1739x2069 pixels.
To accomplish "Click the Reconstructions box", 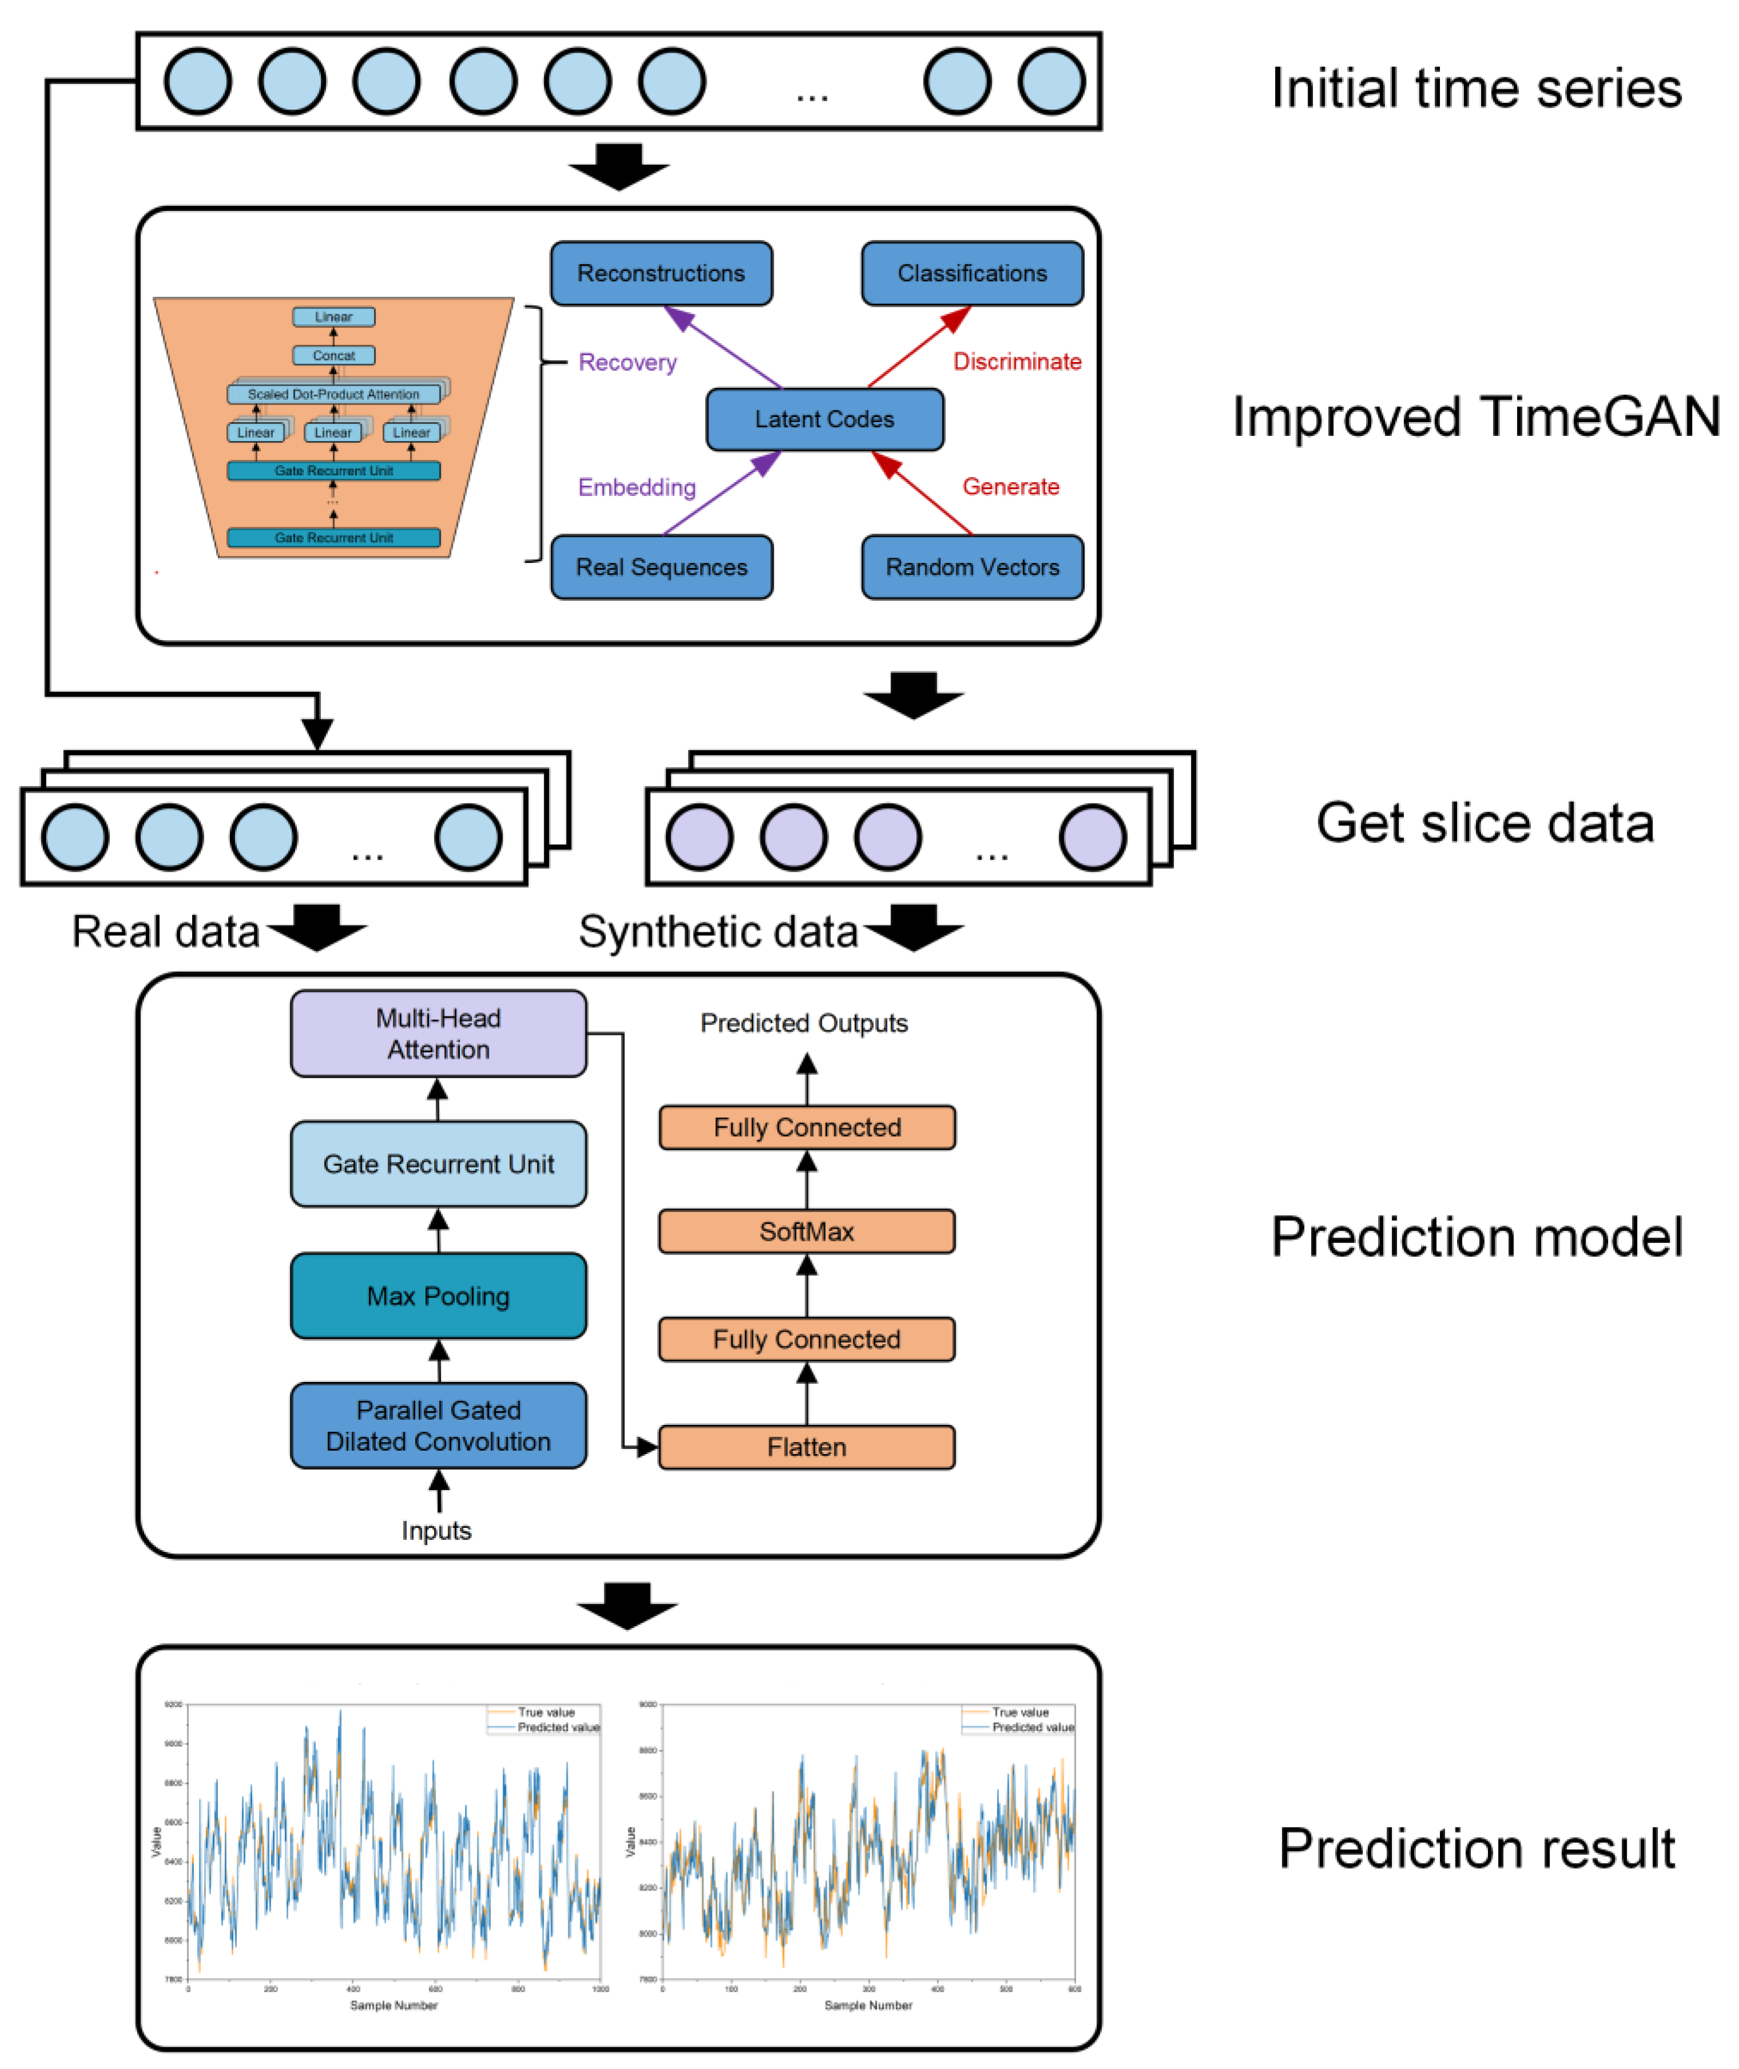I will pyautogui.click(x=662, y=273).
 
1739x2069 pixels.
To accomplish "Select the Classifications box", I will pyautogui.click(x=972, y=273).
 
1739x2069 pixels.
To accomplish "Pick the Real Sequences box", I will pyautogui.click(x=662, y=567).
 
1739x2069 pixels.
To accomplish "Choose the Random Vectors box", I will pyautogui.click(x=972, y=567).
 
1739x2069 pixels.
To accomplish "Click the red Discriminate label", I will pyautogui.click(x=1016, y=362).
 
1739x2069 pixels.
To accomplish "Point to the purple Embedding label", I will pyautogui.click(x=637, y=487).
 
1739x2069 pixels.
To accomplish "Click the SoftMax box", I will pyautogui.click(x=806, y=1232).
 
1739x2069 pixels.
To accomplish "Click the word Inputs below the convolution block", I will pyautogui.click(x=436, y=1531).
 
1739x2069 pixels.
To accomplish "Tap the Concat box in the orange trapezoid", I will pyautogui.click(x=333, y=355).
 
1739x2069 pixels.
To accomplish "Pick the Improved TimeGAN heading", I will pyautogui.click(x=1476, y=416).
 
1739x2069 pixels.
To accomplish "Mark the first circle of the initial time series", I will pyautogui.click(x=198, y=81).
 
